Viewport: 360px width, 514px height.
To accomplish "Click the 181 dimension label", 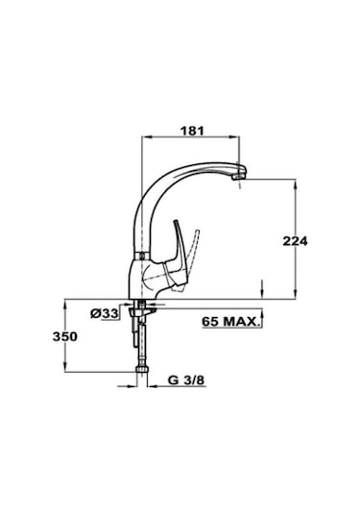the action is point(192,131).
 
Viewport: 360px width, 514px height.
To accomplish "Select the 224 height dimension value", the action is point(295,241).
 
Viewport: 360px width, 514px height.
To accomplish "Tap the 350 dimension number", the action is point(65,336).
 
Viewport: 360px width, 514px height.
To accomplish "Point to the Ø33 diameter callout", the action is point(105,314).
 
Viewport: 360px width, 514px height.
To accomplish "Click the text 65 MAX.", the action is point(230,321).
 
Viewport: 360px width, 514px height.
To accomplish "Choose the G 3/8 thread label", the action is point(186,380).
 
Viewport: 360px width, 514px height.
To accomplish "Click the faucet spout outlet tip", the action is point(238,177).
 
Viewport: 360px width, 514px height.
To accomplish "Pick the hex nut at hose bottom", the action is point(142,370).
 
